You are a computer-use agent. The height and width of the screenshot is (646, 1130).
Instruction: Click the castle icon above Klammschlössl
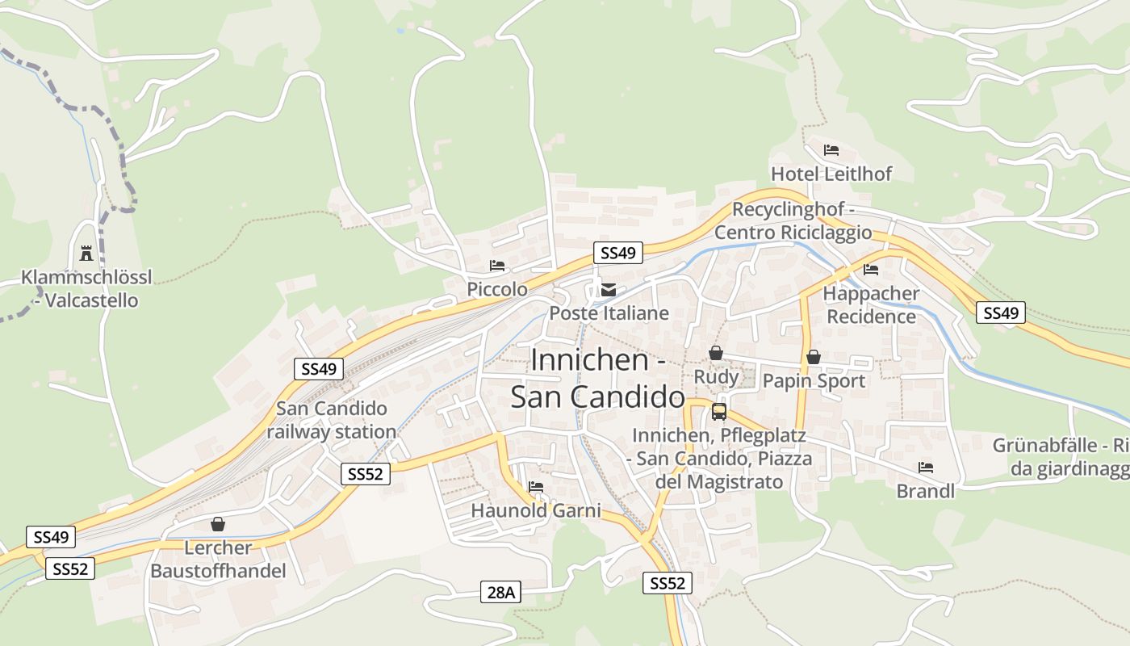(86, 254)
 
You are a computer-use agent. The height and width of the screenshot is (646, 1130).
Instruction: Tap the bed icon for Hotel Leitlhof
(831, 150)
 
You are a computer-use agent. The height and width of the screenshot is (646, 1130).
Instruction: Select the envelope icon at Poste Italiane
(608, 290)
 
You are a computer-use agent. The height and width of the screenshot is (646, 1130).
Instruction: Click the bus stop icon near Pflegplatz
(718, 412)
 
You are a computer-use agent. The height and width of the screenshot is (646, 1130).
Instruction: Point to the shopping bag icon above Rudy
(715, 353)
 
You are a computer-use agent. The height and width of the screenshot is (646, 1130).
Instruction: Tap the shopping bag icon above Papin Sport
(814, 356)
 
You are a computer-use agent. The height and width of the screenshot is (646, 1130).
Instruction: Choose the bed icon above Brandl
(926, 468)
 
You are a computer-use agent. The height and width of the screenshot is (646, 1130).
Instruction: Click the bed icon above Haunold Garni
(535, 486)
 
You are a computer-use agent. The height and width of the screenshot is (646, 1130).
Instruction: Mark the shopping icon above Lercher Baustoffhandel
(217, 524)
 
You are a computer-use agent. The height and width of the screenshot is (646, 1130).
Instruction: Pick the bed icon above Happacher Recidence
(871, 270)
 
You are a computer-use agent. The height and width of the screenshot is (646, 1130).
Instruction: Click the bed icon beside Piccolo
(497, 266)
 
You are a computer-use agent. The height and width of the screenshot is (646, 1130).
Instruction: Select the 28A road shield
(500, 592)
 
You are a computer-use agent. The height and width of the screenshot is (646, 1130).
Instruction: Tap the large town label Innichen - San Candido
(598, 378)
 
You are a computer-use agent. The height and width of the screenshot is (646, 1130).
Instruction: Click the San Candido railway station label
(332, 420)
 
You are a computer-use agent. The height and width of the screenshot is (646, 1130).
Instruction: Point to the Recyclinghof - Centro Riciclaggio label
(793, 221)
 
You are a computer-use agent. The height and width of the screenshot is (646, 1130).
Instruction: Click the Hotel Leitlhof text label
(831, 174)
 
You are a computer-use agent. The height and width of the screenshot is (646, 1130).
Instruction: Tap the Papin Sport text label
(814, 381)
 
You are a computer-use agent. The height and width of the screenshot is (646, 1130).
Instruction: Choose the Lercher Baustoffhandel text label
(218, 560)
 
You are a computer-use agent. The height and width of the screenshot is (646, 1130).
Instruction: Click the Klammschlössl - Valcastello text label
(86, 289)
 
